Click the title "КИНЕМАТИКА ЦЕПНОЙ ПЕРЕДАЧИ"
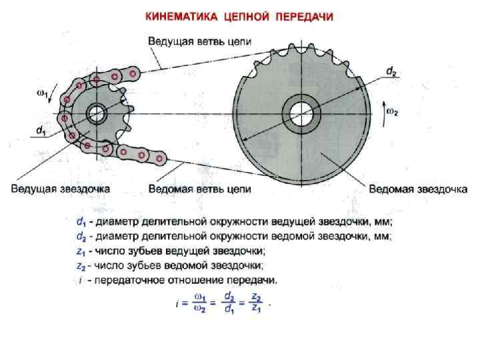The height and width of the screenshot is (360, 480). (x=240, y=15)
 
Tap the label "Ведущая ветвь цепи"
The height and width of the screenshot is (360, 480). (x=199, y=41)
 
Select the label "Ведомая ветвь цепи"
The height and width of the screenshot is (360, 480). (x=199, y=189)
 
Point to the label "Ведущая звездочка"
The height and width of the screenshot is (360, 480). (x=60, y=189)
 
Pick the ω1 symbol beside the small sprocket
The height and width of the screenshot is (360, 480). (x=41, y=93)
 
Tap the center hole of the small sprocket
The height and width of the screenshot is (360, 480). (x=97, y=112)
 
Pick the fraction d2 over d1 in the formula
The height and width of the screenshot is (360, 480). (x=229, y=303)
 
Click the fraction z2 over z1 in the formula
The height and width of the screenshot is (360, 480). (x=255, y=303)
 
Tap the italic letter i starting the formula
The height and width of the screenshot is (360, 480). (x=177, y=303)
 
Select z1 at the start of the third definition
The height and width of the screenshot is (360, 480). (x=80, y=251)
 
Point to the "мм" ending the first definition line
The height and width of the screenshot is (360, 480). (x=384, y=221)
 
